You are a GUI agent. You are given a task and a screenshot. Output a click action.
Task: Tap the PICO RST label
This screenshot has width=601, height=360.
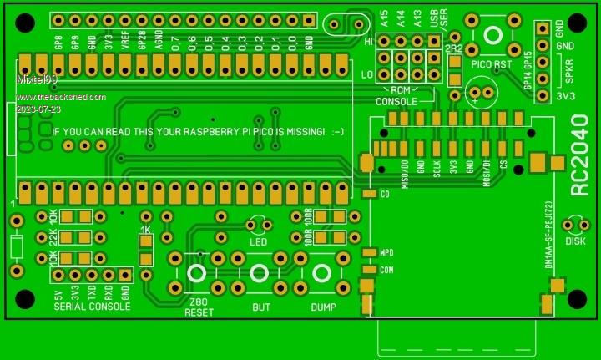(492, 63)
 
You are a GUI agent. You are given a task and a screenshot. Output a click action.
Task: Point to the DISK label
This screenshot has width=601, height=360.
(575, 241)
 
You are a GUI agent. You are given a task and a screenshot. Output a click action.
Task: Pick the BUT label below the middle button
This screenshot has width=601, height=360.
(260, 307)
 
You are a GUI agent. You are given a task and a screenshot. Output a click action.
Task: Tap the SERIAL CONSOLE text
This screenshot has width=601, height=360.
(92, 307)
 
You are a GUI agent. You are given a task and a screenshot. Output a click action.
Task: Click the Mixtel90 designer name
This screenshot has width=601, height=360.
(38, 79)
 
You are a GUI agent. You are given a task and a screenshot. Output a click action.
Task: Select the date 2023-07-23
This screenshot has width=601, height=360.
(38, 109)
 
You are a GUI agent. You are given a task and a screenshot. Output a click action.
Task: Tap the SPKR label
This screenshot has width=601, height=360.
(569, 72)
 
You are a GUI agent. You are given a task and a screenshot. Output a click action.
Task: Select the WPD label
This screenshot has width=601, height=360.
(386, 252)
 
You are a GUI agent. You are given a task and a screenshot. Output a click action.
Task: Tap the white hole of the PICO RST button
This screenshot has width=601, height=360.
(492, 34)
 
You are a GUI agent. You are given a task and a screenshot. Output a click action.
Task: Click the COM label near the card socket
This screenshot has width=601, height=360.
(386, 270)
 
